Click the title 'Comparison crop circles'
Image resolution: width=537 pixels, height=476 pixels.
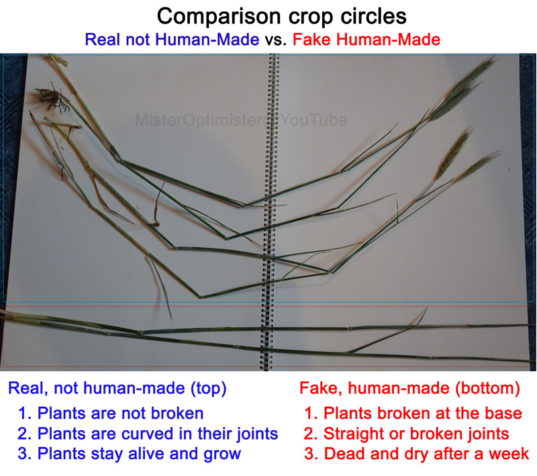coord(281,16)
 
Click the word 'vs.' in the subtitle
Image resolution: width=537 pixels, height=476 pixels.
coord(276,40)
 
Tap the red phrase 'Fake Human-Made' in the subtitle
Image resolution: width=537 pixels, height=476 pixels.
coord(367,40)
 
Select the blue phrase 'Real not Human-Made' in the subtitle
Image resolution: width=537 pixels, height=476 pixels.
coord(172,40)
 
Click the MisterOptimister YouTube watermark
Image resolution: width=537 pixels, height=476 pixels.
coord(241,120)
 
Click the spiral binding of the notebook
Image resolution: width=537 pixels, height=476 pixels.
coord(270,212)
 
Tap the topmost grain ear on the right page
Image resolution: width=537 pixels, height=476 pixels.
coord(462,90)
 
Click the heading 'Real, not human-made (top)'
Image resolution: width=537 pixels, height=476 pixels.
coord(117,388)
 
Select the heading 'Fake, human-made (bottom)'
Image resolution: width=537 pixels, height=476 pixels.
coord(410,388)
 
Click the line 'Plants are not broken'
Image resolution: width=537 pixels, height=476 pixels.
coord(111,413)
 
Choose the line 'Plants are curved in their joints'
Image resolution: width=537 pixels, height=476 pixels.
coord(148,434)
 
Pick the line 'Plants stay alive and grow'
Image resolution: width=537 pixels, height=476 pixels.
coord(130,454)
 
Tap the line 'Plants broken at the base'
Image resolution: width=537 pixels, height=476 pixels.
coord(413,413)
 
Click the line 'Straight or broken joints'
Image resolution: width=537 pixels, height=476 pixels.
coord(407,434)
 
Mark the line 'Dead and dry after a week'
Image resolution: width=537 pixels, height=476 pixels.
coord(417,454)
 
